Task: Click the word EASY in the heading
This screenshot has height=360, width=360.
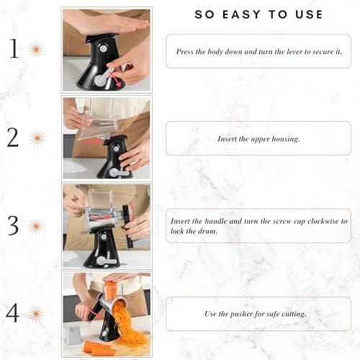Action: click(x=243, y=14)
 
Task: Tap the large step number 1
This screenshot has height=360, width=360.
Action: click(x=14, y=49)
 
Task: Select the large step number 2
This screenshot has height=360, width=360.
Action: click(x=13, y=137)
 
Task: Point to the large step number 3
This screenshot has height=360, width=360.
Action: click(x=13, y=225)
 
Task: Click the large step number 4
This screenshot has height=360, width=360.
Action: click(x=13, y=313)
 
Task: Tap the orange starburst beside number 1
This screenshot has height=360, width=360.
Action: click(x=36, y=50)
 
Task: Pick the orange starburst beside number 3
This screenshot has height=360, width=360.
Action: click(x=36, y=226)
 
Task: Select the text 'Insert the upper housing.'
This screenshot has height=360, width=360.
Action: click(x=258, y=138)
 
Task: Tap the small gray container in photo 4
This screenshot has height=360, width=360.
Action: click(x=72, y=333)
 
